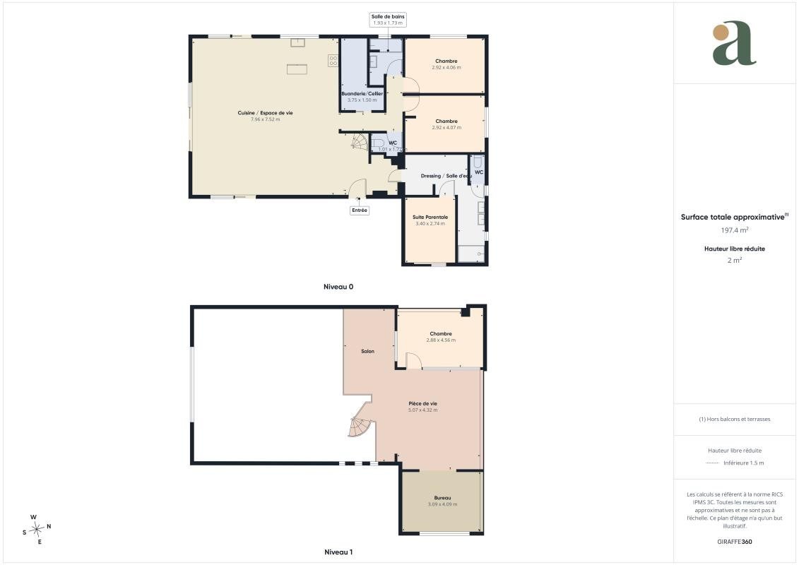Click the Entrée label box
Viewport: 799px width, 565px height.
click(x=360, y=210)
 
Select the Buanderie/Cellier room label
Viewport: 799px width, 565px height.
click(x=362, y=94)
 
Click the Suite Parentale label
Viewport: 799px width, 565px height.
click(x=430, y=217)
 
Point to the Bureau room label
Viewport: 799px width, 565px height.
click(x=442, y=498)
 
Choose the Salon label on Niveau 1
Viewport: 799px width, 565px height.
click(x=367, y=351)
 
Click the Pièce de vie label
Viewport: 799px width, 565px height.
click(x=423, y=403)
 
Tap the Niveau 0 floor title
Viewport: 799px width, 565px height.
click(x=338, y=287)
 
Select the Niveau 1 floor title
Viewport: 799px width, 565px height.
click(x=338, y=552)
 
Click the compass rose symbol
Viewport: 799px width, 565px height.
click(x=37, y=530)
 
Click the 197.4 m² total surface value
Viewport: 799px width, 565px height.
click(x=734, y=230)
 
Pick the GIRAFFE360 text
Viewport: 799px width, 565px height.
click(x=734, y=542)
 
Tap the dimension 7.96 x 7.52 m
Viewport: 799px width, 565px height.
click(x=265, y=119)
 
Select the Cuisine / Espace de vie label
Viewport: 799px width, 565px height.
click(x=265, y=113)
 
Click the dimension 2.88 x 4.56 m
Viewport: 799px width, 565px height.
click(x=441, y=340)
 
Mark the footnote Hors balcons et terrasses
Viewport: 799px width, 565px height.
click(x=734, y=420)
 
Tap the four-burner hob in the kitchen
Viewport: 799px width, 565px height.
click(x=333, y=61)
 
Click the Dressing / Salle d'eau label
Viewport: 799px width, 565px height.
click(x=446, y=176)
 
